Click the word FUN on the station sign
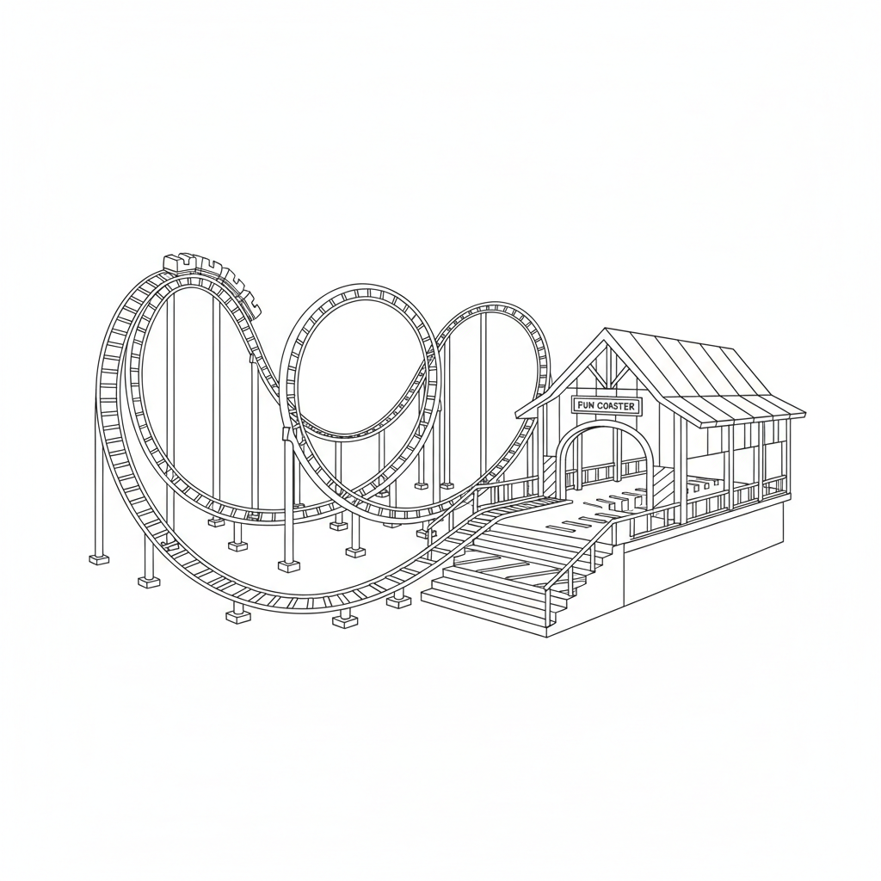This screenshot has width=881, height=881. [x=585, y=406]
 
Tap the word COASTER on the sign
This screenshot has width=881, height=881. [x=616, y=406]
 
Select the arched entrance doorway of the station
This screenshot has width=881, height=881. [x=605, y=458]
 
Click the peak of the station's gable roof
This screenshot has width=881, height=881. [x=605, y=330]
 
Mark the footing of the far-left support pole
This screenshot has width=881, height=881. [x=100, y=559]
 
